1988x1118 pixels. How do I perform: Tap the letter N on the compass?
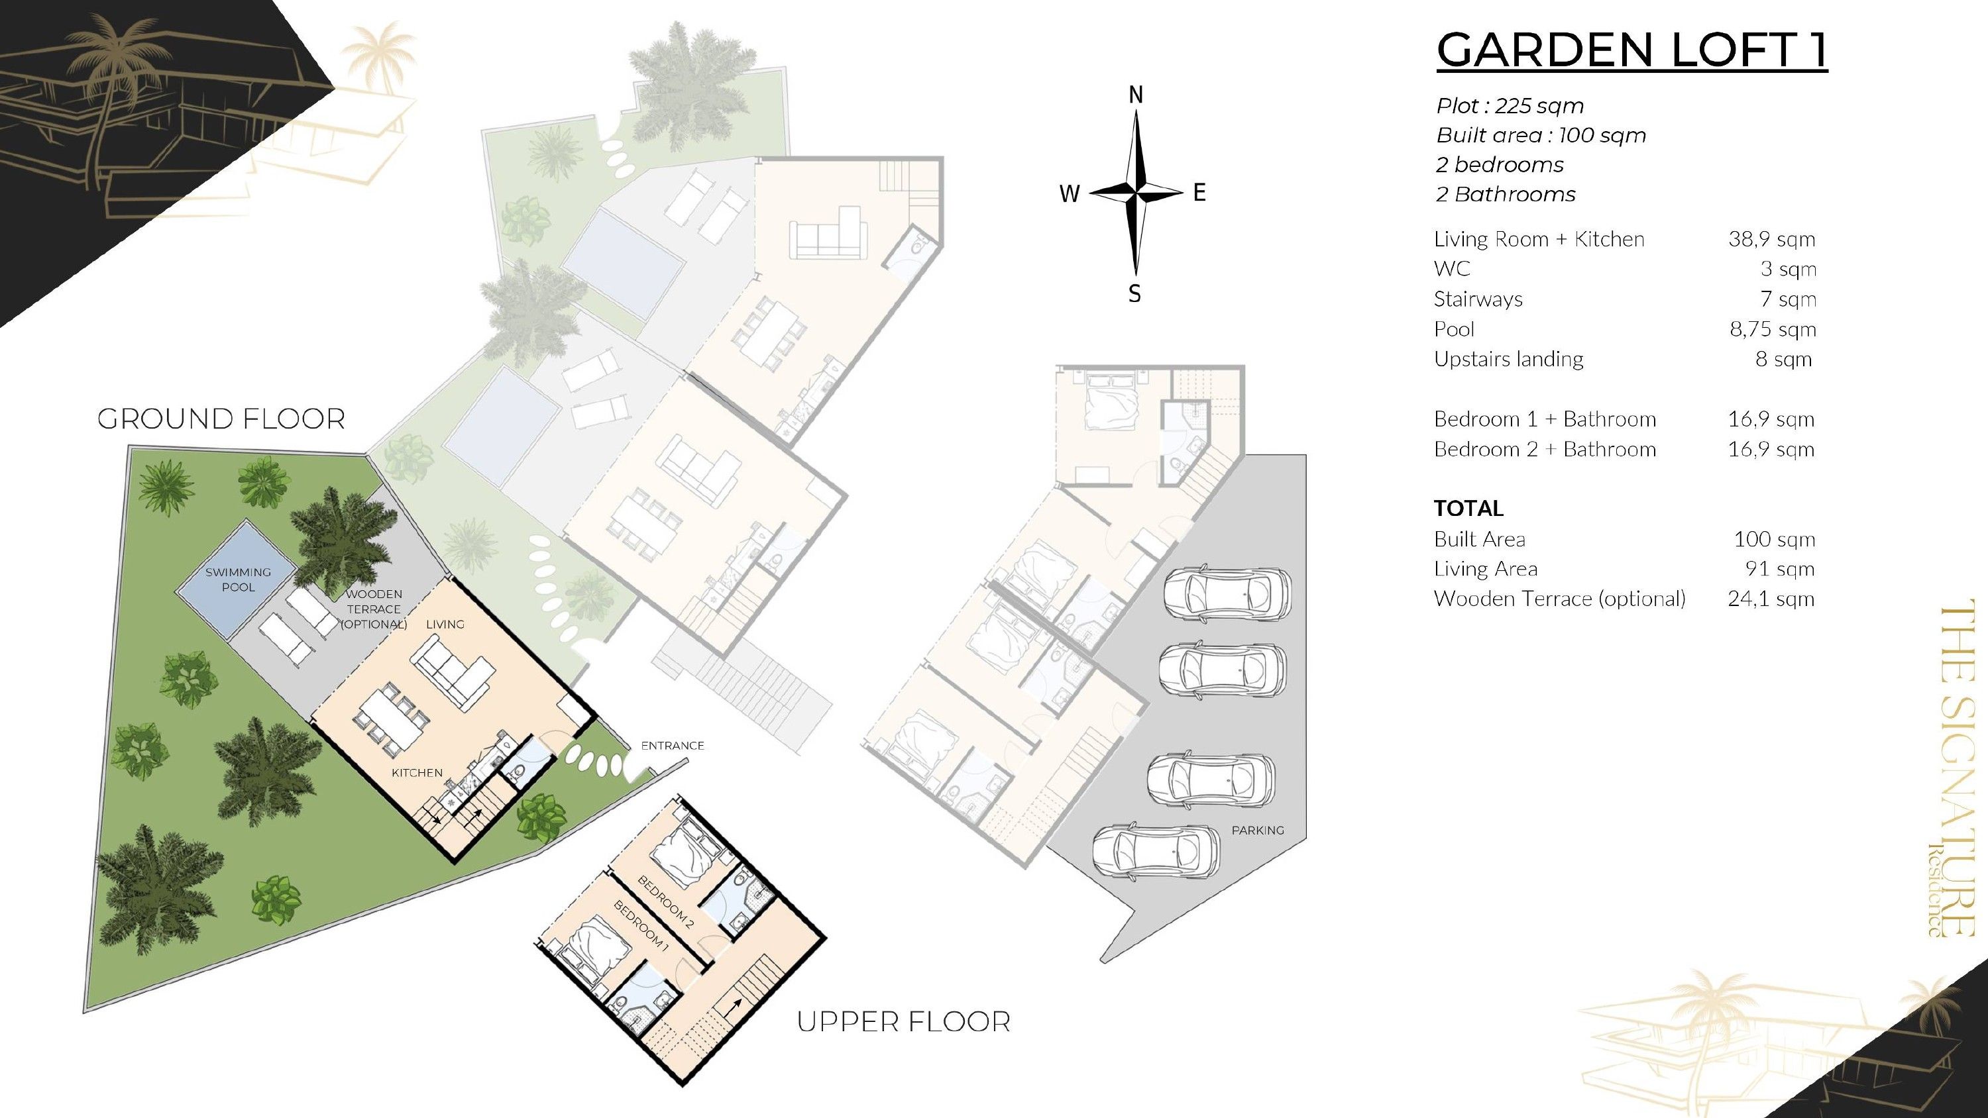(1135, 95)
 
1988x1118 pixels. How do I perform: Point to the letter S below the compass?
(1134, 294)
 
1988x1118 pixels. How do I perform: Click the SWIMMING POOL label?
(238, 580)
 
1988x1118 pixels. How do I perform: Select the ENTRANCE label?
(672, 745)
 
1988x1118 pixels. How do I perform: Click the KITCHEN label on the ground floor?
(417, 772)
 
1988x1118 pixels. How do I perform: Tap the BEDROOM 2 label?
(665, 897)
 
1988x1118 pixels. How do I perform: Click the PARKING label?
(1257, 830)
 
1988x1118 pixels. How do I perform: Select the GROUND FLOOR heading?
(221, 419)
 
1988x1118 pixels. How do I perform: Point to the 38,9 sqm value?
(1771, 239)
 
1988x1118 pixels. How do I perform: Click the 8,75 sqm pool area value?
(1773, 329)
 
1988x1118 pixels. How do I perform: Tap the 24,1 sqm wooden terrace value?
(1771, 599)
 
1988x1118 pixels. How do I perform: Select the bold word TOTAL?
(1468, 509)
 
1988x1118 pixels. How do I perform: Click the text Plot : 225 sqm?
(1510, 106)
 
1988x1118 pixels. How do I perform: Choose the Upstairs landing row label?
(1508, 360)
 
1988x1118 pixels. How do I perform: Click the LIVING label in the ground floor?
(445, 624)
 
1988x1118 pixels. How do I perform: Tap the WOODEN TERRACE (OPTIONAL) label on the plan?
(374, 609)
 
